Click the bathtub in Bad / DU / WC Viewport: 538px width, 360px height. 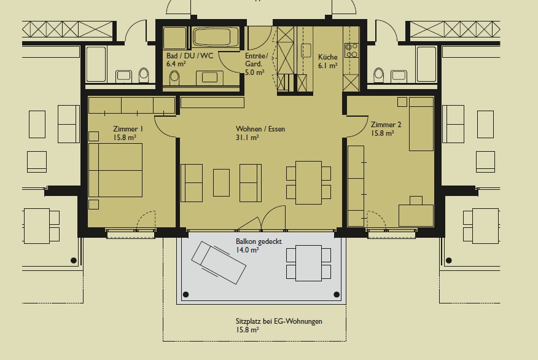tap(211, 37)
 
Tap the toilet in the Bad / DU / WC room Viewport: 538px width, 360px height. tap(174, 78)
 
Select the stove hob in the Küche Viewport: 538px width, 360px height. tap(352, 50)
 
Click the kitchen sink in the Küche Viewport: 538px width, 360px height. tap(306, 50)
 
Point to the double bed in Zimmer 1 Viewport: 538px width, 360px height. tap(115, 170)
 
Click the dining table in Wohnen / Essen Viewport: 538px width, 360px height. tap(308, 182)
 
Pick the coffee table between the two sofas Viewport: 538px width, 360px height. tap(221, 182)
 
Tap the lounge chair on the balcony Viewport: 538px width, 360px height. tap(219, 263)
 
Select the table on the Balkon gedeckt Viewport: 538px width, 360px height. tap(308, 263)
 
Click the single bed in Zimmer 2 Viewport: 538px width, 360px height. tap(421, 124)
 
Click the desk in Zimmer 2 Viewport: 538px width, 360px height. tap(416, 216)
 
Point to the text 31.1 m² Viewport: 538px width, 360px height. tap(248, 138)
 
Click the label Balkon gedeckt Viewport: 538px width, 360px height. tap(259, 241)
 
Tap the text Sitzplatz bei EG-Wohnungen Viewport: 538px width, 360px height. tap(279, 321)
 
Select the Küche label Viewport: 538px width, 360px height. tap(328, 57)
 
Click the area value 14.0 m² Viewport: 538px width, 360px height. tap(248, 250)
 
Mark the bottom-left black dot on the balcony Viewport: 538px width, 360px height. tap(186, 294)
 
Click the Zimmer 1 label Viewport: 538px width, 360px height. tap(128, 129)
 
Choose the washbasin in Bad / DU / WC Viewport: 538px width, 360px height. tap(209, 77)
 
